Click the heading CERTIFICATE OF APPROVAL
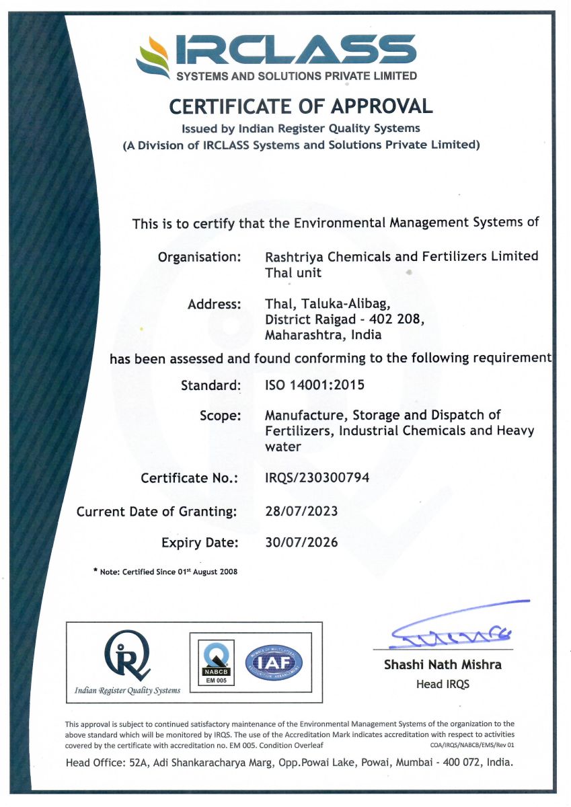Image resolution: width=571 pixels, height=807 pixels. tap(300, 106)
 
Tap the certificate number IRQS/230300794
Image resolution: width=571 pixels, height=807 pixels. tap(317, 477)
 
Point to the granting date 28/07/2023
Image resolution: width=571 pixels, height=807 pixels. tap(301, 511)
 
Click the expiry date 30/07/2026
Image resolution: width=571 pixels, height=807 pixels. tap(301, 542)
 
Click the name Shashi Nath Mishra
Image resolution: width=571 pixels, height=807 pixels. tap(443, 664)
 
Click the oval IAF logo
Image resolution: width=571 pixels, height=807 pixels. tap(274, 664)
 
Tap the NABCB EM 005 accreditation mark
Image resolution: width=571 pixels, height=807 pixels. tap(217, 663)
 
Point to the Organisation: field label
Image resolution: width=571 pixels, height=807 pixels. tap(199, 257)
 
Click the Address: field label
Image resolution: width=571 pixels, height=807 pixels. tap(214, 304)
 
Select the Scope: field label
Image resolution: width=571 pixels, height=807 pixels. tap(220, 416)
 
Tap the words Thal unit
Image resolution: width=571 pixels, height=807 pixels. tap(293, 272)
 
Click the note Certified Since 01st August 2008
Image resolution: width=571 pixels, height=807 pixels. tap(165, 572)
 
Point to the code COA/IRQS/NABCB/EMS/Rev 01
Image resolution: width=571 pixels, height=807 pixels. tap(472, 745)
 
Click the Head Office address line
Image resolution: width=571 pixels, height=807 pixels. tap(289, 763)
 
